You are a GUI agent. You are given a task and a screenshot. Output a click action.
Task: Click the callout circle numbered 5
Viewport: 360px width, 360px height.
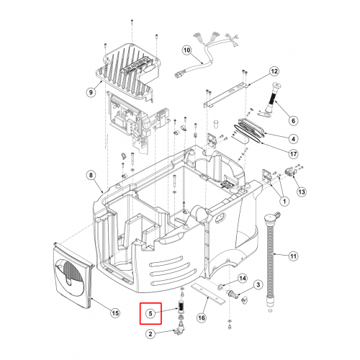(x=150, y=313)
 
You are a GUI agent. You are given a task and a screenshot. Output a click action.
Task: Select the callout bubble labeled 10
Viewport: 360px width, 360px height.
(x=186, y=50)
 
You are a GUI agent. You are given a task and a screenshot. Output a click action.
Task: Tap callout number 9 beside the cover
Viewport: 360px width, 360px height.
(x=91, y=92)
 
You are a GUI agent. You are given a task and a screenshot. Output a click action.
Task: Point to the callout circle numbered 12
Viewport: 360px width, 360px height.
(x=274, y=71)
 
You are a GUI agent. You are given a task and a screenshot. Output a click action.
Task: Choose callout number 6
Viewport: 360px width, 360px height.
(x=293, y=120)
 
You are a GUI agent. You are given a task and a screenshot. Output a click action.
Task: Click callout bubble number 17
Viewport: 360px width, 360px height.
(x=293, y=153)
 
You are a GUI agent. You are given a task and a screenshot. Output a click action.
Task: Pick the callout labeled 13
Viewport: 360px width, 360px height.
(x=302, y=192)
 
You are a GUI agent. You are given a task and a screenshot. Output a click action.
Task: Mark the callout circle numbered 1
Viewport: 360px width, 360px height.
(x=284, y=201)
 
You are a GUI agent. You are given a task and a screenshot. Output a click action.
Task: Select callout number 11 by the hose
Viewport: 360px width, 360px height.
(x=293, y=256)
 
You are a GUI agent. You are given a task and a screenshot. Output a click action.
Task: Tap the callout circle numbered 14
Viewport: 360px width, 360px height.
(x=243, y=278)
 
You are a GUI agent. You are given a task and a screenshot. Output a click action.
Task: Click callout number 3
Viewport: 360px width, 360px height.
(x=258, y=285)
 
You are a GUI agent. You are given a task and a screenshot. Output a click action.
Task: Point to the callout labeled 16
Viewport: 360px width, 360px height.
(x=202, y=318)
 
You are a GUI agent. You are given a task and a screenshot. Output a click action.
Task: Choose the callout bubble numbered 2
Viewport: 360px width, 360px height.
(x=150, y=334)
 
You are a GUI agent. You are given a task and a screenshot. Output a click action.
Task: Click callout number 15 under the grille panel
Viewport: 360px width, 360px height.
(x=115, y=313)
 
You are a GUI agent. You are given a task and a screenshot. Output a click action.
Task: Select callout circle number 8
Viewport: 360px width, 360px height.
(x=91, y=175)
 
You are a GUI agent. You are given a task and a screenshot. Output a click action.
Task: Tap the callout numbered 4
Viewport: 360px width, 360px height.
(x=293, y=139)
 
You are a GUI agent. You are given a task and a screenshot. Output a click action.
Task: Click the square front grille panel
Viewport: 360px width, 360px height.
(x=72, y=275)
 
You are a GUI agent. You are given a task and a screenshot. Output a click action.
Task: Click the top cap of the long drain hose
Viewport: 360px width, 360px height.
(x=271, y=217)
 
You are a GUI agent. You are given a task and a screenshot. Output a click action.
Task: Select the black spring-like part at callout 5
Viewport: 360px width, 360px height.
(x=180, y=305)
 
